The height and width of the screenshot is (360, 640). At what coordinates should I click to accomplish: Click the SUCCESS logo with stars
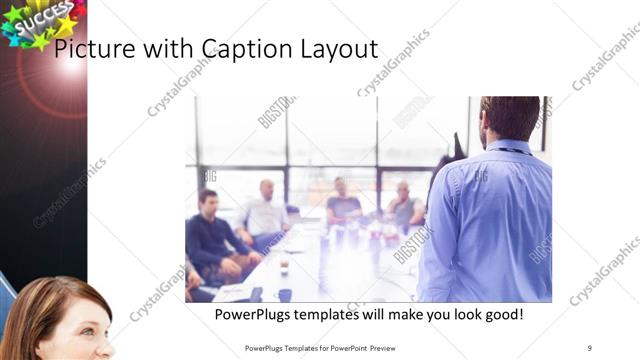[x=40, y=22]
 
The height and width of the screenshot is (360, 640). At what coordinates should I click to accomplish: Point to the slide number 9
[x=590, y=348]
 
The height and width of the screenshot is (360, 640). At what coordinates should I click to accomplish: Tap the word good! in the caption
[x=500, y=315]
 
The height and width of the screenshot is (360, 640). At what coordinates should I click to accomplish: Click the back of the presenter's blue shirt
[x=495, y=220]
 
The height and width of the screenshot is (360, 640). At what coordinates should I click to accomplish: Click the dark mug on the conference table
[x=285, y=294]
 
